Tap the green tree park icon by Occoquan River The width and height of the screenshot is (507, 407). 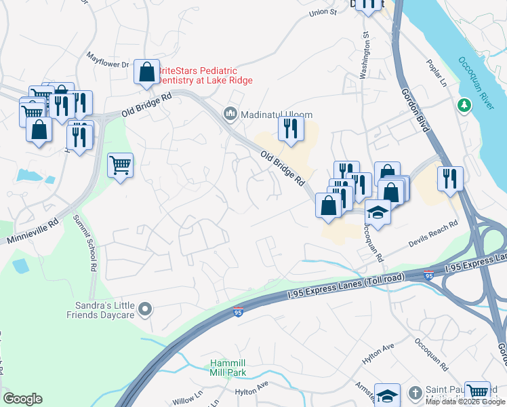464,105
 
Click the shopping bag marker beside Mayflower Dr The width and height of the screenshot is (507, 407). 146,71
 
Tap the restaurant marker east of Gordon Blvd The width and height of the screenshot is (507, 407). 450,179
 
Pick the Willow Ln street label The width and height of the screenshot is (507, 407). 188,400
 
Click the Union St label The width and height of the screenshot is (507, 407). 323,12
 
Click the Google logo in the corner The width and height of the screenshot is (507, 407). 22,399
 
